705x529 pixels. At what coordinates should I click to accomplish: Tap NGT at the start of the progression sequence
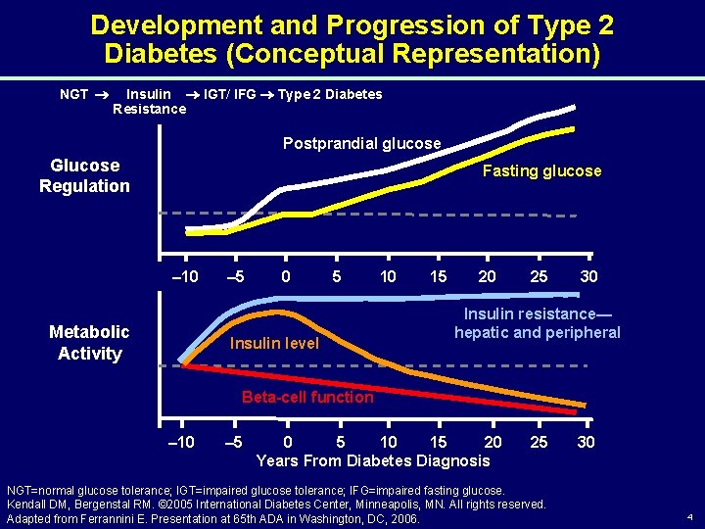point(74,94)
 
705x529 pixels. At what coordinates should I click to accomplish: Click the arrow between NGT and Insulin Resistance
point(101,95)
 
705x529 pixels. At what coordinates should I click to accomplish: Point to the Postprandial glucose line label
point(362,144)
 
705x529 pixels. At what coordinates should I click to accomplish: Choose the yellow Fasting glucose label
point(542,170)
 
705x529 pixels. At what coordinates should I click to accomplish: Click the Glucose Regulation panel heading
point(84,176)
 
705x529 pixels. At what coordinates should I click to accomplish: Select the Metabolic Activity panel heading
point(89,343)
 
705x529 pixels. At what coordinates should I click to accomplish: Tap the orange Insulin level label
point(274,344)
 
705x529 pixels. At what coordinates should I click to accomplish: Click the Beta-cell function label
point(307,397)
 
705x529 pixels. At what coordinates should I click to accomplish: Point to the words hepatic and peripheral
point(538,332)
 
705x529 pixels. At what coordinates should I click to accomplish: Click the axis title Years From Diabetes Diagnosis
point(373,460)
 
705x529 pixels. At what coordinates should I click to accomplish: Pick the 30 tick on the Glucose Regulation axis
point(588,276)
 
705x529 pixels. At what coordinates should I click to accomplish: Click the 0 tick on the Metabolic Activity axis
point(286,442)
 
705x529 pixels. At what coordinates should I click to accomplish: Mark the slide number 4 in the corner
point(689,516)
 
